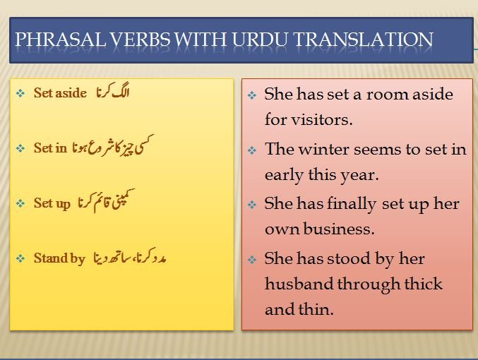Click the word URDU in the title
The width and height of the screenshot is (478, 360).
259,40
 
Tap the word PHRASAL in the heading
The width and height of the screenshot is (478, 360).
60,40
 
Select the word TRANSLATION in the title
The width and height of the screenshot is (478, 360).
363,40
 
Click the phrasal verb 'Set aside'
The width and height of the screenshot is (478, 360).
60,92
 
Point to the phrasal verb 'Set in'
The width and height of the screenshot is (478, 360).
50,148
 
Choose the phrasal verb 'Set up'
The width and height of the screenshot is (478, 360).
52,203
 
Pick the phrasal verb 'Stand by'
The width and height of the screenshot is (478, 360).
59,258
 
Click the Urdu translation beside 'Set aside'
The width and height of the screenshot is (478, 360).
113,90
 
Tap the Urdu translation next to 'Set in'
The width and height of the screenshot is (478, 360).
113,145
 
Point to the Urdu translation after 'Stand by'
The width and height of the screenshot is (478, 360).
129,256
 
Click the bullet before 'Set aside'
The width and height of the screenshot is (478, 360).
20,93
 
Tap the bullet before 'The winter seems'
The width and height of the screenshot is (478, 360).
252,150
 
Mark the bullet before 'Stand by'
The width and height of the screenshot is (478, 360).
20,259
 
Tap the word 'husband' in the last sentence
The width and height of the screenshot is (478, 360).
299,284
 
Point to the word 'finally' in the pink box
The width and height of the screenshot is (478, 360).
352,204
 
